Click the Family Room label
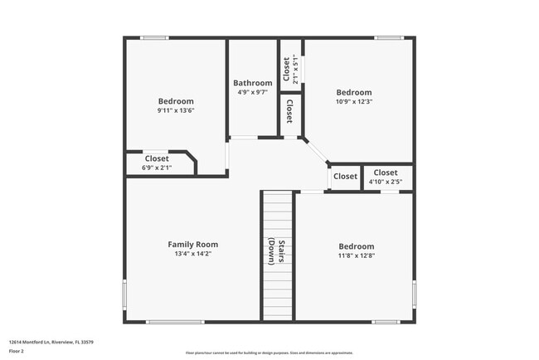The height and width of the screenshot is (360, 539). click(192, 244)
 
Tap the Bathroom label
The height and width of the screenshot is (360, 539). click(252, 83)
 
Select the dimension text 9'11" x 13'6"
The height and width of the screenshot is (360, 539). click(175, 110)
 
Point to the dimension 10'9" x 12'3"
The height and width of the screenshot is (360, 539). click(354, 102)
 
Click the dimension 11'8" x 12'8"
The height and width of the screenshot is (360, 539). click(356, 255)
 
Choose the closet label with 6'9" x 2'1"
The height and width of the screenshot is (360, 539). click(157, 158)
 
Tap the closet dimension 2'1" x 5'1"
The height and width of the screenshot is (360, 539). click(295, 65)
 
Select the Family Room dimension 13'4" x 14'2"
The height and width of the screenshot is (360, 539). click(192, 254)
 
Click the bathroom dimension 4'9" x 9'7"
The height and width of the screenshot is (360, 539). click(252, 92)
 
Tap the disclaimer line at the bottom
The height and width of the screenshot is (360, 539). click(268, 353)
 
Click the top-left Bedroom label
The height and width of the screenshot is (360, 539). click(175, 101)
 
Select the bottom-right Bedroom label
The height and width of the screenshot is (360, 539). click(356, 246)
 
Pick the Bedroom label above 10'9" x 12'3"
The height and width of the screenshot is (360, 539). click(354, 92)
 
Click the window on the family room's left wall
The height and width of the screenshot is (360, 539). click(125, 294)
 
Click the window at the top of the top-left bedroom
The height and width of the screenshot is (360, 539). click(154, 37)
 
